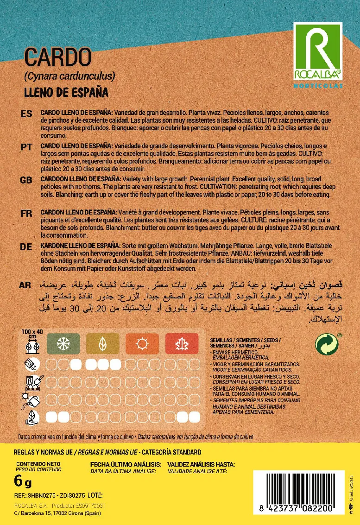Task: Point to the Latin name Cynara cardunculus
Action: (x=69, y=76)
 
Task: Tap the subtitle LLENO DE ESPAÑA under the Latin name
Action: (x=66, y=92)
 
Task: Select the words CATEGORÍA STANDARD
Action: (x=171, y=452)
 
